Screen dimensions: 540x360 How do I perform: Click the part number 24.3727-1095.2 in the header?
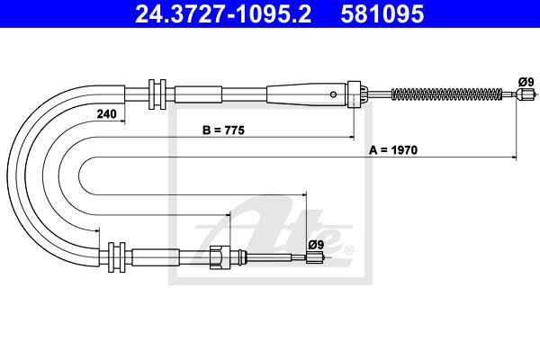pyautogui.click(x=223, y=14)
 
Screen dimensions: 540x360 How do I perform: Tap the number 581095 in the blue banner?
pyautogui.click(x=382, y=14)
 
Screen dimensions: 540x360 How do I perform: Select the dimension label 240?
pyautogui.click(x=107, y=113)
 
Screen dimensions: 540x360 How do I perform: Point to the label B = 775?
pyautogui.click(x=223, y=130)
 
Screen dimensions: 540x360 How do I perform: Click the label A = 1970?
pyautogui.click(x=393, y=150)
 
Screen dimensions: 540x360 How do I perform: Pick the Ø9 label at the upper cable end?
pyautogui.click(x=526, y=82)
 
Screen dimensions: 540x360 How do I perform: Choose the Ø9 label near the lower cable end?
pyautogui.click(x=316, y=245)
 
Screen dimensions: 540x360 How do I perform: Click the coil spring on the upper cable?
pyautogui.click(x=447, y=94)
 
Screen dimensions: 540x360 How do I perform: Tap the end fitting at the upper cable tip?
pyautogui.click(x=525, y=94)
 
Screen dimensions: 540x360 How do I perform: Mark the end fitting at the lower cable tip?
pyautogui.click(x=315, y=257)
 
